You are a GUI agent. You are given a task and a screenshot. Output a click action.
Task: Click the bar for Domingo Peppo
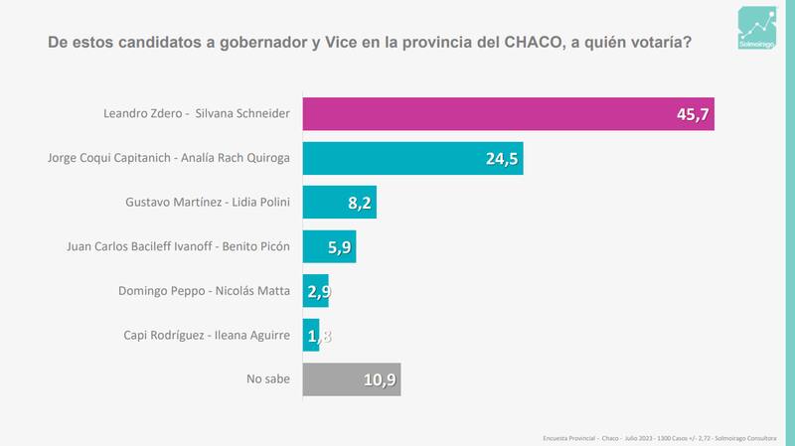coord(313,290)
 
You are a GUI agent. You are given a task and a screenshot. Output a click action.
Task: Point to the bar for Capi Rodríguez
coord(309,335)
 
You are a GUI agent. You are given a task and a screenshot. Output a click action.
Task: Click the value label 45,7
coord(692,115)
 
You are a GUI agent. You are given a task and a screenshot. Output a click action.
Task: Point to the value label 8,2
coord(358,203)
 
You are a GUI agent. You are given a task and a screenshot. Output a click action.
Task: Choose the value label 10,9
coord(379,379)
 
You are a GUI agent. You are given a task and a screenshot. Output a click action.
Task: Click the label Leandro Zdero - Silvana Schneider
coord(197,114)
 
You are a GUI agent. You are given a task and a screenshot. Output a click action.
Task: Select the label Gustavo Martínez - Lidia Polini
coord(210,203)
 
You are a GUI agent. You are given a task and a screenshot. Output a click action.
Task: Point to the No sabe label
coord(267,378)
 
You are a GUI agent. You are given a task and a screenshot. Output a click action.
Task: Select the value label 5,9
coord(338,247)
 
